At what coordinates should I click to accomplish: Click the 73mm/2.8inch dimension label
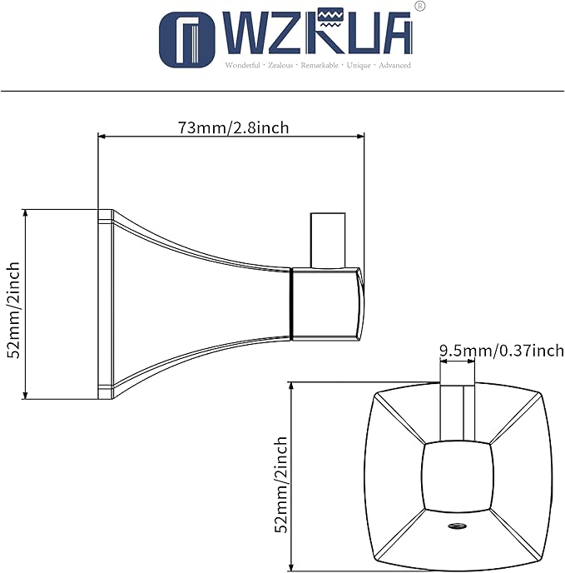pos(233,128)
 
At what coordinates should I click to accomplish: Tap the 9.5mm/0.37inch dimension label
pos(502,351)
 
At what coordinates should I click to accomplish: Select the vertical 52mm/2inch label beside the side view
pos(13,310)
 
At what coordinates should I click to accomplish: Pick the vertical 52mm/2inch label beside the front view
pos(281,484)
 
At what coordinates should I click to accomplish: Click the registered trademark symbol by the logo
pos(420,6)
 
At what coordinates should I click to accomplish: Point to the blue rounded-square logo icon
pos(187,40)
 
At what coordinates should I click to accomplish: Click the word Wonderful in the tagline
pos(242,66)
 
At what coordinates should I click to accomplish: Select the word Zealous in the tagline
pos(280,66)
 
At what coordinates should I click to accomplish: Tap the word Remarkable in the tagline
pos(320,66)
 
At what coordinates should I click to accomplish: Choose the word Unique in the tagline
pos(359,66)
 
